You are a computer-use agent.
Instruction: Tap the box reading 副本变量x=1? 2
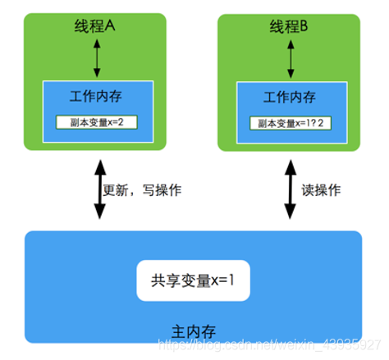[291, 123]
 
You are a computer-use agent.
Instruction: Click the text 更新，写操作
[142, 189]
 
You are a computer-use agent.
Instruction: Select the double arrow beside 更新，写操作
[99, 190]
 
